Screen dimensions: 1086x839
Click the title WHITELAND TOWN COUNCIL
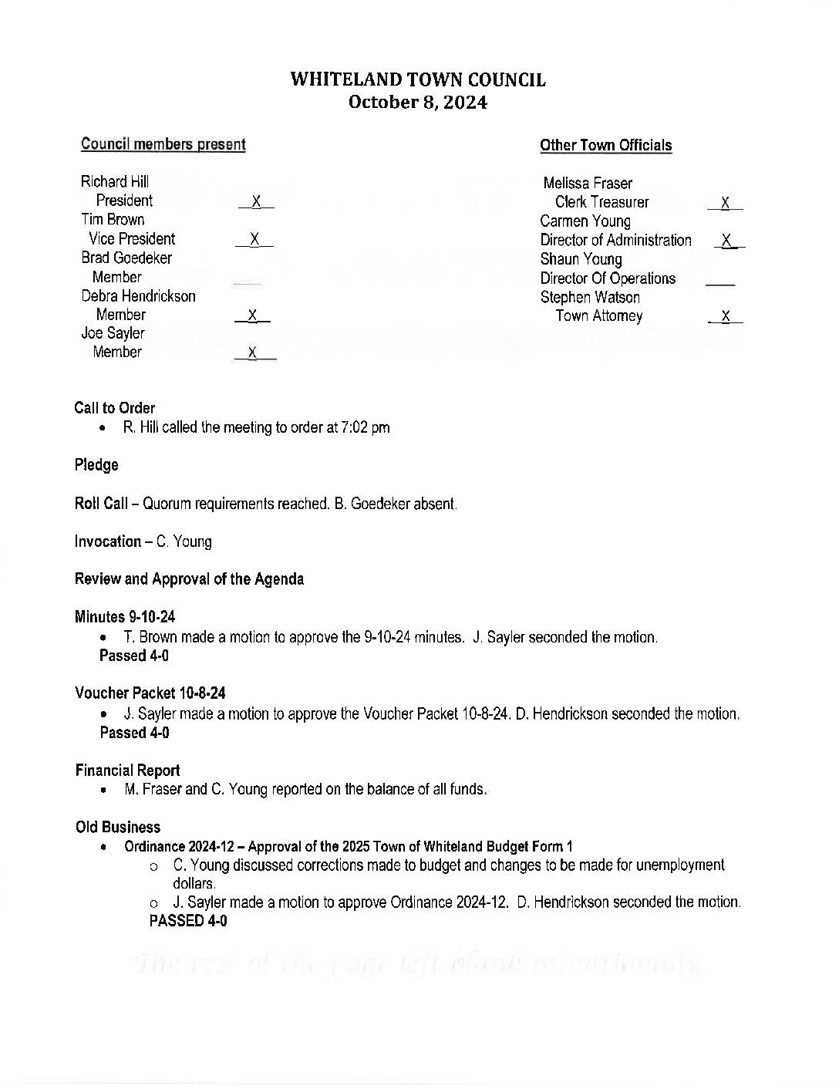point(418,79)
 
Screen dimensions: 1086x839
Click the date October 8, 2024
point(418,103)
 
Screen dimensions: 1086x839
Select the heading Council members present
point(163,144)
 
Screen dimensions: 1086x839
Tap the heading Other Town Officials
point(605,145)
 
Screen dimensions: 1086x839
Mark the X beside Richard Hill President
point(256,201)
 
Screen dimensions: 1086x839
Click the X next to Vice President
point(254,239)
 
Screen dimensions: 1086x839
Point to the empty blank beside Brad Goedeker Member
point(248,283)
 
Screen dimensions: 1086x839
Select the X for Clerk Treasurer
point(725,203)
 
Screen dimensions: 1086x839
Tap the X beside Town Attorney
point(725,316)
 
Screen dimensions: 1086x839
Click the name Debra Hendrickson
point(139,296)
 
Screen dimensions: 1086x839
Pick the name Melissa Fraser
point(588,184)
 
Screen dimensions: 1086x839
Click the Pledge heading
point(96,465)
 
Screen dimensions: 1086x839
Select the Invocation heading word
point(108,541)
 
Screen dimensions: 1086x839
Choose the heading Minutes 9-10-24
point(125,617)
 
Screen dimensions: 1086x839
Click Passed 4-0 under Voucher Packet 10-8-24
point(134,733)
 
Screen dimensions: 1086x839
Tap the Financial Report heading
point(127,771)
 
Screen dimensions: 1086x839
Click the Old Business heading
point(118,828)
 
